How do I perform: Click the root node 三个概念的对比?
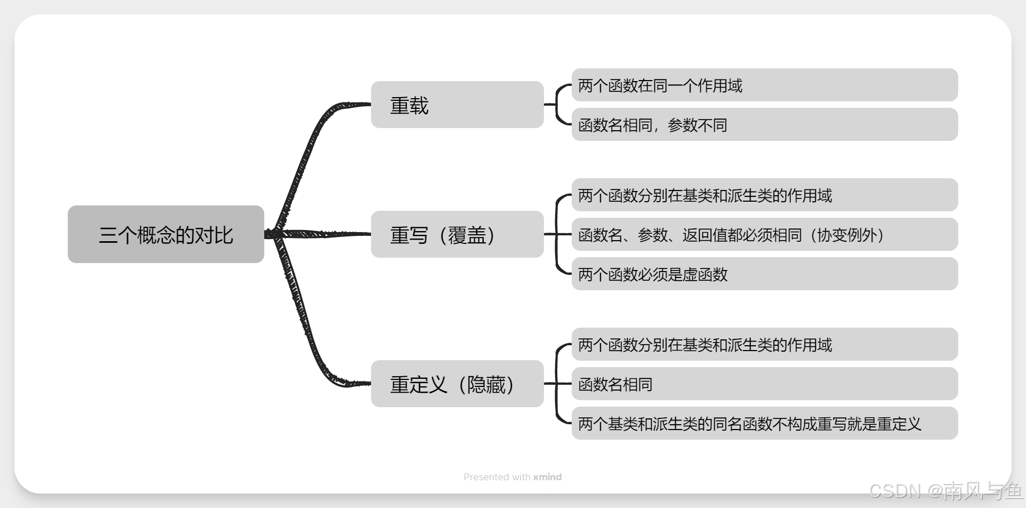[x=165, y=234]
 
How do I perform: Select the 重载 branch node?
[x=457, y=105]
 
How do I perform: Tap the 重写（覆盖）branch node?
[x=457, y=234]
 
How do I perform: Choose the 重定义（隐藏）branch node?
[x=457, y=384]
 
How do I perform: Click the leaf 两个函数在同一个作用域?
[x=764, y=85]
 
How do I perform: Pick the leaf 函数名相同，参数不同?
[x=764, y=124]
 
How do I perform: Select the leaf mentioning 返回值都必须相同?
[x=764, y=234]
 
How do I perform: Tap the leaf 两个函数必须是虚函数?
[x=764, y=274]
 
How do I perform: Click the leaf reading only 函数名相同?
[x=764, y=384]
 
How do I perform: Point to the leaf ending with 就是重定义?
[x=764, y=423]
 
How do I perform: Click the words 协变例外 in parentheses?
[x=847, y=235]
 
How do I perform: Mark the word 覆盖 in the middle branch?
[x=467, y=235]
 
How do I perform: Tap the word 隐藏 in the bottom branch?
[x=486, y=384]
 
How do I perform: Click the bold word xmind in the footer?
[x=547, y=477]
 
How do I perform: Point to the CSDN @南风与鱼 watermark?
[x=945, y=490]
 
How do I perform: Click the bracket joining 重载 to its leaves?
[x=557, y=105]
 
